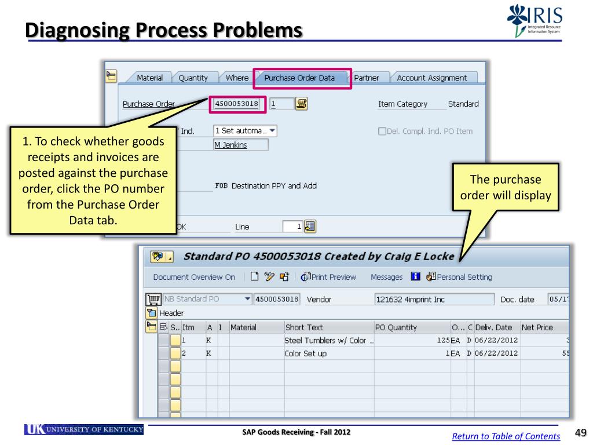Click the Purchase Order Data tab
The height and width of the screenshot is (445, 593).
(x=299, y=78)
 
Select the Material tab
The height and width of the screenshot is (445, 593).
(x=149, y=78)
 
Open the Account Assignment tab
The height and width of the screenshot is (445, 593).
(x=431, y=78)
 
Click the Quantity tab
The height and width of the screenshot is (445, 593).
(x=193, y=78)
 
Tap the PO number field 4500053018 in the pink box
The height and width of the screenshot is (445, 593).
(x=236, y=104)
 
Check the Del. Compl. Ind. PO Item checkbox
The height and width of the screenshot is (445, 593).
(x=382, y=131)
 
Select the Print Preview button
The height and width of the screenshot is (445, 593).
(x=329, y=277)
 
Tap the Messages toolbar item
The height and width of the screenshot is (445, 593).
(x=386, y=277)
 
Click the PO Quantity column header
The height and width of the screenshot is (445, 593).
(x=396, y=327)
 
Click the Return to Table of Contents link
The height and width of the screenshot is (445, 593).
(x=506, y=436)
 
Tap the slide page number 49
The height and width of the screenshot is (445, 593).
(x=580, y=433)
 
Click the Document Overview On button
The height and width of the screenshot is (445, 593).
(x=194, y=277)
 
